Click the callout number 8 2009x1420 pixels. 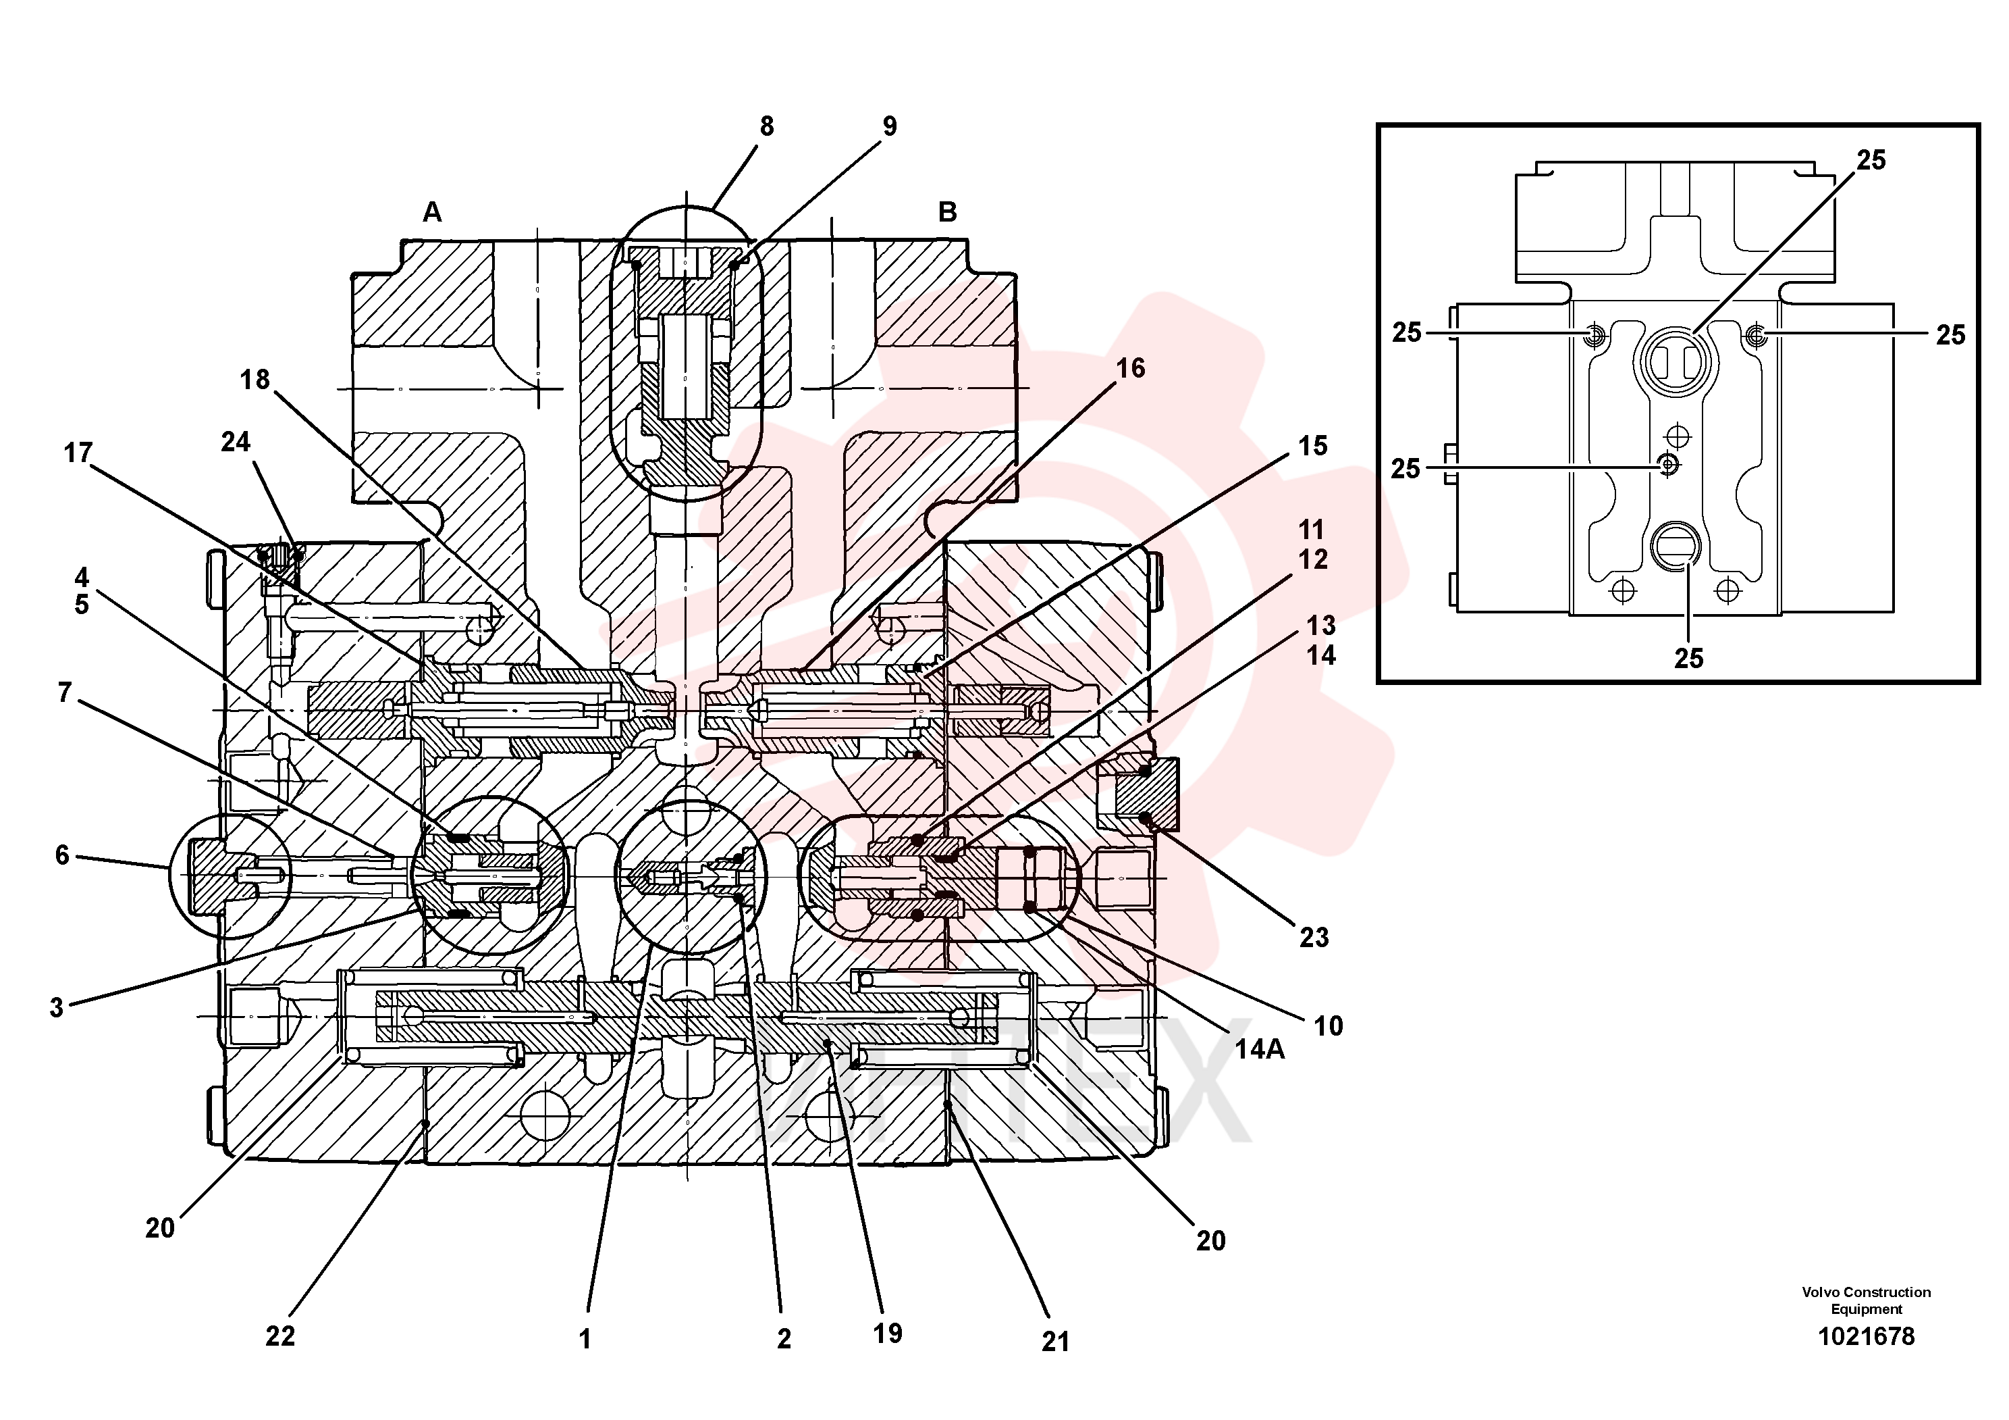click(x=766, y=127)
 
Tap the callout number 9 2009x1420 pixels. click(x=889, y=127)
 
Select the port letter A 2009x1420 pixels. click(x=432, y=212)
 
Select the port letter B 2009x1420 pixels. click(x=948, y=212)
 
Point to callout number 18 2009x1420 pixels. click(x=255, y=380)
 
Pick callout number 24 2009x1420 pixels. click(x=236, y=442)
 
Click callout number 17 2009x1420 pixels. click(x=78, y=453)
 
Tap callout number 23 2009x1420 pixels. click(x=1314, y=938)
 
